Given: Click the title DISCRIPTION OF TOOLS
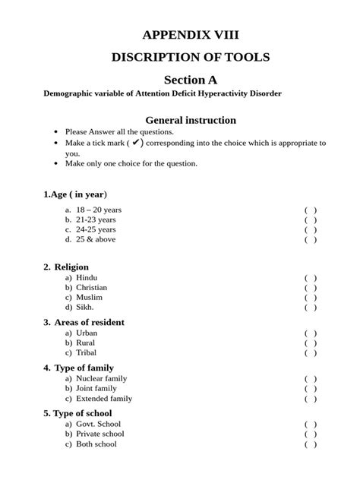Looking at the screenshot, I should click(191, 57).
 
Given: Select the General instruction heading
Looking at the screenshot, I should click(191, 120).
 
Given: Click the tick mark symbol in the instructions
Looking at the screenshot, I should click(136, 142).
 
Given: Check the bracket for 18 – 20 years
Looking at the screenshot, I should click(311, 210).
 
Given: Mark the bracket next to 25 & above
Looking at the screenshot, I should click(311, 239).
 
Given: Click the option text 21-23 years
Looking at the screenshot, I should click(96, 219).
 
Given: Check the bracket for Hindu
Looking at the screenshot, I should click(311, 278).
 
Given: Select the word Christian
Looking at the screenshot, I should click(91, 288).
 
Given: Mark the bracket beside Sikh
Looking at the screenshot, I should click(311, 308).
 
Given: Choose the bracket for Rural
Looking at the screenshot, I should click(311, 343).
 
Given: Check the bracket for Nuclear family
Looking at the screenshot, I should click(311, 378).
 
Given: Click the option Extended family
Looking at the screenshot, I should click(103, 398).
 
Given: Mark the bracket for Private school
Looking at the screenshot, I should click(311, 434).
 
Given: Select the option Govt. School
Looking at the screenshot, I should click(98, 424).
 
